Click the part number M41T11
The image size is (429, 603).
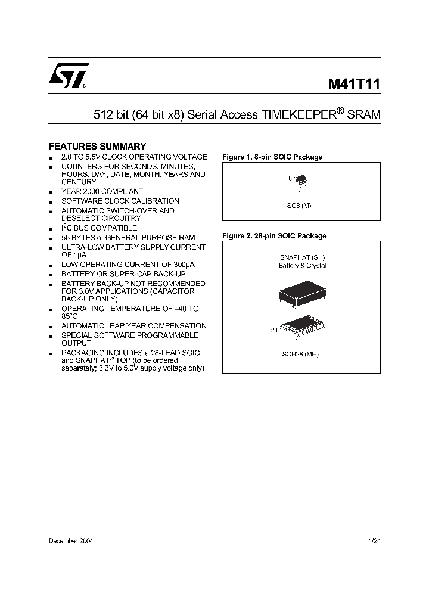pos(354,84)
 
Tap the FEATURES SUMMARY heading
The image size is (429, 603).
pos(97,146)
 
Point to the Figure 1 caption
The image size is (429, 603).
pos(272,157)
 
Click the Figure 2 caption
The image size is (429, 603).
pos(274,236)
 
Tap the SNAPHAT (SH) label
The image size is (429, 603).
pos(302,257)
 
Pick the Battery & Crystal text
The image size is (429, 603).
pos(302,266)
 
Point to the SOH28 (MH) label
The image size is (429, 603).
pos(300,354)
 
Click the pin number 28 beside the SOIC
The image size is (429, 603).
pos(274,330)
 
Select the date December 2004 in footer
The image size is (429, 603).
pos(70,540)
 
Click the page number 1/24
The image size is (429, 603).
pos(375,540)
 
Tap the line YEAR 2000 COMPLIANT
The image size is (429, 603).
pos(102,192)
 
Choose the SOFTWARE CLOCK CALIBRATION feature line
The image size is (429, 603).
pos(120,201)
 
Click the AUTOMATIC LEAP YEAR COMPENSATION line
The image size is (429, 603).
pos(134,326)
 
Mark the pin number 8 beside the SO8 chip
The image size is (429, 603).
pos(290,178)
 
